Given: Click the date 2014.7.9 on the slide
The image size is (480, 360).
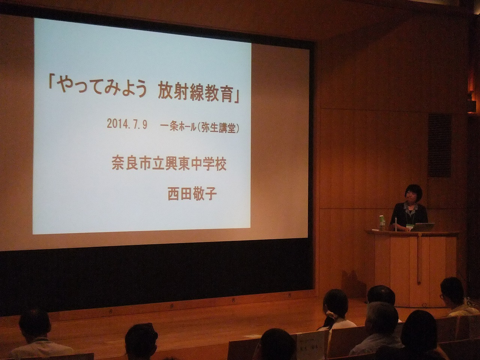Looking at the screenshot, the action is point(127,125).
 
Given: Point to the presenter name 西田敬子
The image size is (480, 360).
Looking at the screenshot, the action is point(192,194).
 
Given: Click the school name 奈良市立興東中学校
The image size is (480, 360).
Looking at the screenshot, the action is point(169,164).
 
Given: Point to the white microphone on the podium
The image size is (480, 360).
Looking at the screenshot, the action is point(396,225).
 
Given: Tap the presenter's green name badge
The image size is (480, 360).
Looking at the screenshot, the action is point(409,228).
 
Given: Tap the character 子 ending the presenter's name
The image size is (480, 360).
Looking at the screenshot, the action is point(210,195).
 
